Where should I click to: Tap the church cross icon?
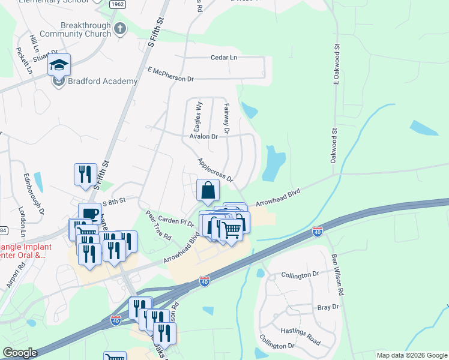pyautogui.click(x=119, y=28)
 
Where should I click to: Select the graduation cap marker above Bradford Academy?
pyautogui.click(x=59, y=64)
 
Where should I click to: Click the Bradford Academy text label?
pyautogui.click(x=103, y=81)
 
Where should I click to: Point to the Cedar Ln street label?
pyautogui.click(x=223, y=58)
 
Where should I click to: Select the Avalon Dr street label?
pyautogui.click(x=203, y=136)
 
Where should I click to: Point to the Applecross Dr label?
pyautogui.click(x=214, y=170)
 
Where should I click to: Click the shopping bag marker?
pyautogui.click(x=207, y=191)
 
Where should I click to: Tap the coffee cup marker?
pyautogui.click(x=89, y=214)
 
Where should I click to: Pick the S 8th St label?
pyautogui.click(x=115, y=203)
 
